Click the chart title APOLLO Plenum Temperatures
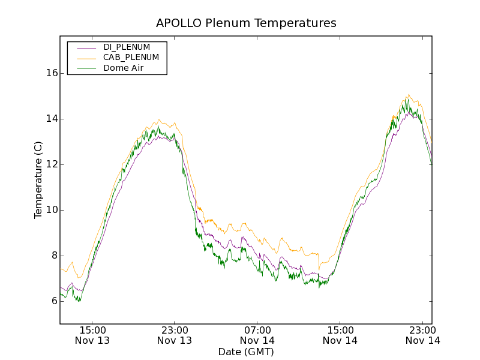(x=246, y=23)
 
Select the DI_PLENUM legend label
(x=127, y=47)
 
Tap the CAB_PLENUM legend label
(x=131, y=58)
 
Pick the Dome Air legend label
(x=124, y=68)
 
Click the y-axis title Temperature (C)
(x=38, y=180)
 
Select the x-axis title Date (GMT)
(x=246, y=352)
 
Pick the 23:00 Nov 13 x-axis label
(x=175, y=335)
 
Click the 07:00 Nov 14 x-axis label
(x=257, y=335)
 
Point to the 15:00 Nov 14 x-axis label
(x=340, y=335)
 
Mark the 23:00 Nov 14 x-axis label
(x=423, y=335)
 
